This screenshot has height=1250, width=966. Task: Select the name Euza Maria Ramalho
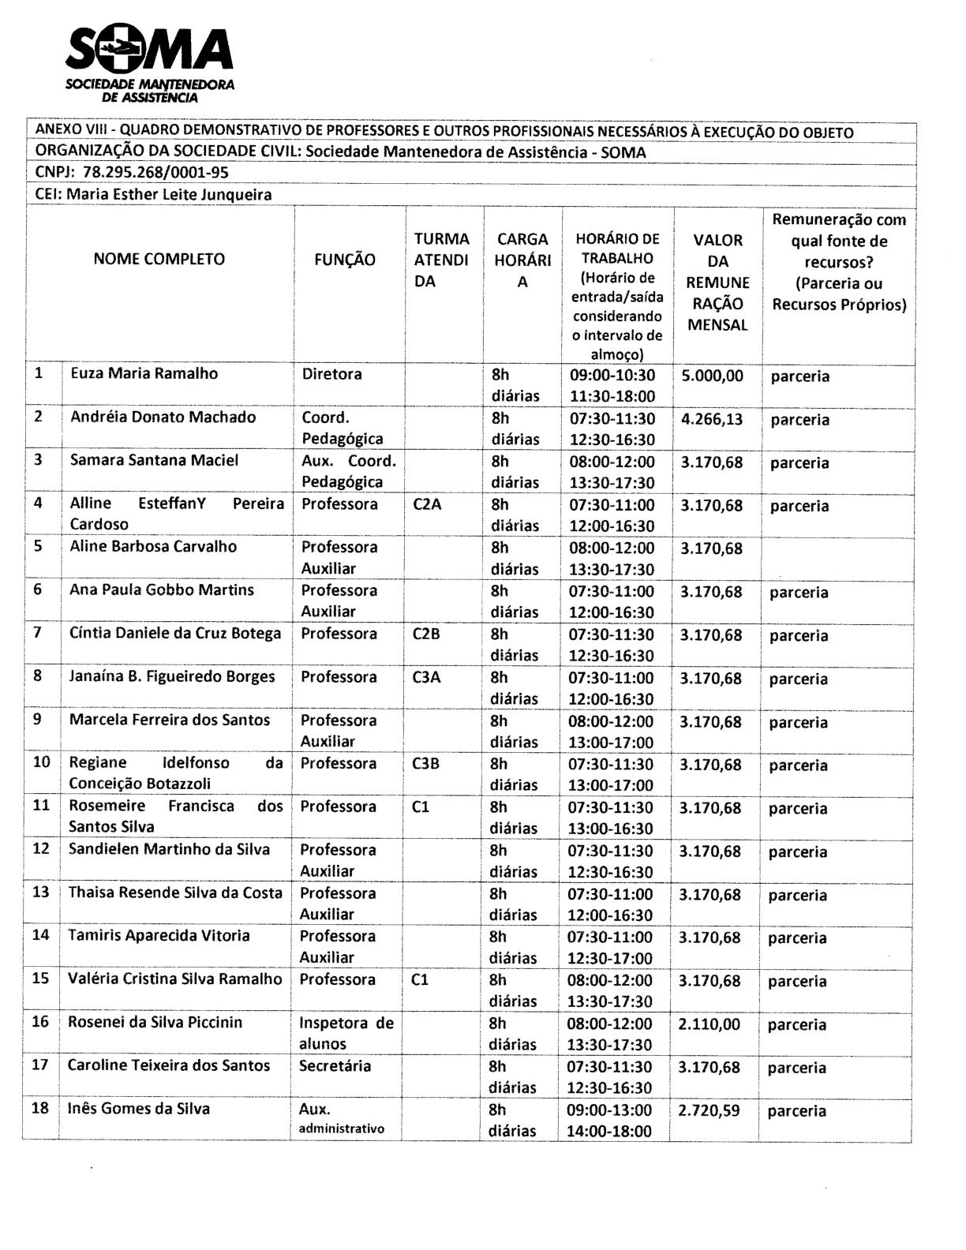pyautogui.click(x=144, y=373)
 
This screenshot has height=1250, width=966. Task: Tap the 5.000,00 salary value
pyautogui.click(x=713, y=376)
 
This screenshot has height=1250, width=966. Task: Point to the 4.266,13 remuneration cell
pyautogui.click(x=712, y=419)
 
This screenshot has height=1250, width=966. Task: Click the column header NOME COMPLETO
pyautogui.click(x=159, y=259)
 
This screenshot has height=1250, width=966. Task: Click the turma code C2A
pyautogui.click(x=427, y=504)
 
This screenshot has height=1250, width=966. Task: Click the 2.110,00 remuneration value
pyautogui.click(x=710, y=1024)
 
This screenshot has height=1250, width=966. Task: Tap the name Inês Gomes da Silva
pyautogui.click(x=139, y=1109)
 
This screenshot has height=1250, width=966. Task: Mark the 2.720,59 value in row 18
pyautogui.click(x=709, y=1110)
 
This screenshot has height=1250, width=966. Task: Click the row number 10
pyautogui.click(x=42, y=762)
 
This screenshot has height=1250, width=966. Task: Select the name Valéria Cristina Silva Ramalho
pyautogui.click(x=174, y=979)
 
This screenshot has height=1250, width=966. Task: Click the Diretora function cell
pyautogui.click(x=332, y=374)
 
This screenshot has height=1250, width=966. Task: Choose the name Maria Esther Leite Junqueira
pyautogui.click(x=170, y=194)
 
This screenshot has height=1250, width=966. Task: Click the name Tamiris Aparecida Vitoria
pyautogui.click(x=159, y=936)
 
